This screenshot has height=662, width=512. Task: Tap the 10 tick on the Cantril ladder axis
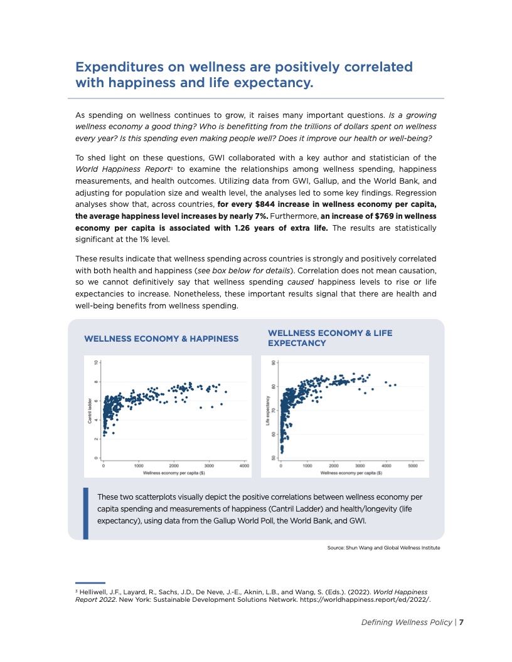coord(95,362)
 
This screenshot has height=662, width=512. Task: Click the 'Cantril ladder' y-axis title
coord(90,410)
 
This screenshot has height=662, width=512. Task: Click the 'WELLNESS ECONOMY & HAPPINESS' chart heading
coord(161,339)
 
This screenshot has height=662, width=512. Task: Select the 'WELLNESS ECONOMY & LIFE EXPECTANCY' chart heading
coord(330,338)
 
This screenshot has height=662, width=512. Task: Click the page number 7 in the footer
coord(461,623)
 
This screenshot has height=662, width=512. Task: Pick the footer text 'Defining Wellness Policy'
coord(406,623)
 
